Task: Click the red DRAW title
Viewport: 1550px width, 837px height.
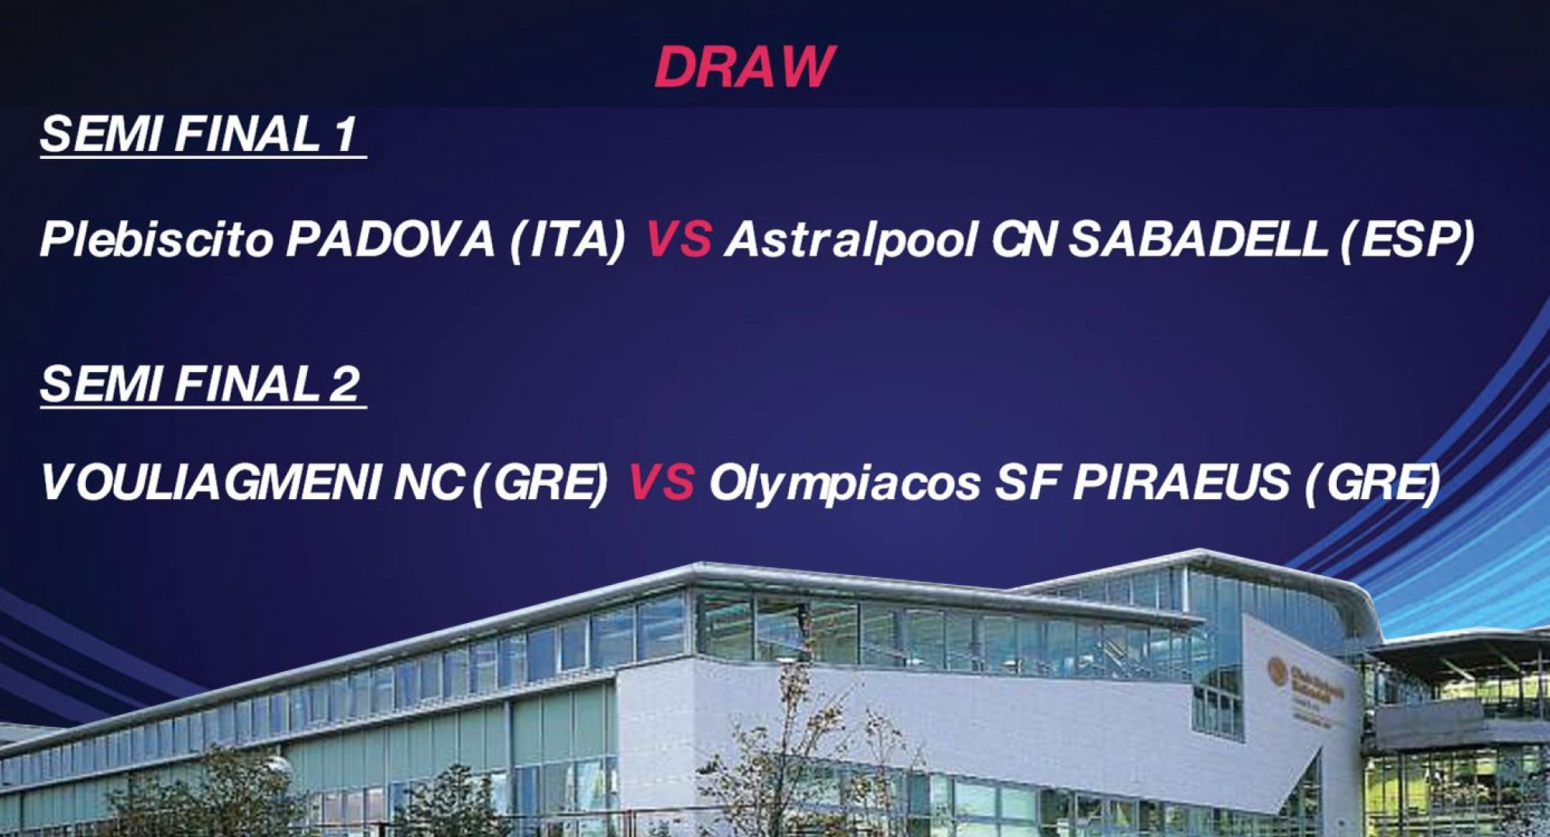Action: coord(744,67)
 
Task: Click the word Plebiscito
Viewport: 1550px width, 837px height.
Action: coord(157,239)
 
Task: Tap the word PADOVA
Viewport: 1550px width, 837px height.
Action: coord(391,239)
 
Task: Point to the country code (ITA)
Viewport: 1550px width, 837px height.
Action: coord(567,241)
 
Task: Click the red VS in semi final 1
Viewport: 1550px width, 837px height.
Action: coord(678,239)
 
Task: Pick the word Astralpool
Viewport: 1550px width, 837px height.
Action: coord(851,240)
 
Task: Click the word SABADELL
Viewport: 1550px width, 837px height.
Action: coord(1197,239)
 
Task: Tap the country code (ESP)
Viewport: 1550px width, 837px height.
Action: coord(1407,241)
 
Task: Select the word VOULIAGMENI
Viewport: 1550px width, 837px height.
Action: coord(210,483)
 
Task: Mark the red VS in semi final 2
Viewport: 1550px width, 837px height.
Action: coord(660,482)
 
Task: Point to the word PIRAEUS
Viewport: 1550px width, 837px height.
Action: coord(1182,483)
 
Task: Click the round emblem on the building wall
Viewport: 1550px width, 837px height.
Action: coord(1276,671)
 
